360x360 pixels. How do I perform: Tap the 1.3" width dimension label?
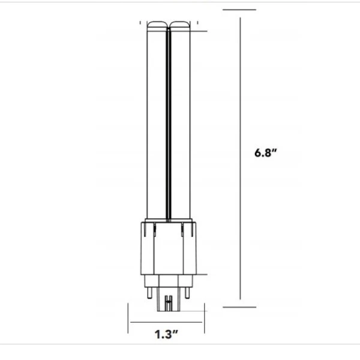(165, 334)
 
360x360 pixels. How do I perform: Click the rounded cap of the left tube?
(157, 26)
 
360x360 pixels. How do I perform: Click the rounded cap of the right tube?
(182, 26)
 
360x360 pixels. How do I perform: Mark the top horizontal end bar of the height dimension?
(239, 10)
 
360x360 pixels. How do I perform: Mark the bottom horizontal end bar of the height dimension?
(239, 307)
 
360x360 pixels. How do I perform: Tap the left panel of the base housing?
(146, 249)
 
